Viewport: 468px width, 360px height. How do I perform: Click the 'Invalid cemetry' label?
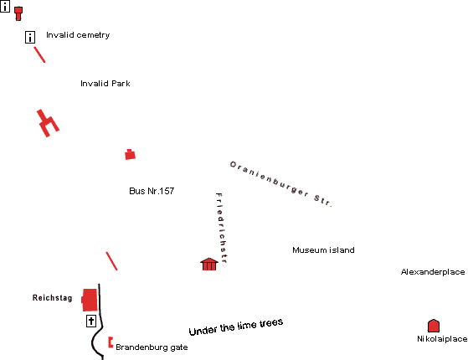tap(78, 35)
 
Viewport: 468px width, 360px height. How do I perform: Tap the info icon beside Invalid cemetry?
tap(30, 38)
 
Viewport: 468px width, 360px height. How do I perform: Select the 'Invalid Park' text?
tap(105, 83)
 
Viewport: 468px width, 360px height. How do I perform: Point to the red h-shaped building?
tap(48, 123)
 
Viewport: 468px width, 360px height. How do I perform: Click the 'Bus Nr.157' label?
tap(152, 191)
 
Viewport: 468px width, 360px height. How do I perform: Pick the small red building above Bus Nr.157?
tap(130, 155)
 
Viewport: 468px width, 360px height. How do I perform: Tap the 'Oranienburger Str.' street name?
tap(280, 184)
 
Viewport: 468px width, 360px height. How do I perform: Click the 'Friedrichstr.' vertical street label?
tap(222, 228)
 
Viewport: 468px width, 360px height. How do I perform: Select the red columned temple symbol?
tap(209, 264)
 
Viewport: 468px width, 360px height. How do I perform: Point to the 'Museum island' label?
tap(323, 249)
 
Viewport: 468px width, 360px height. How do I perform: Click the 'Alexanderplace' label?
tap(433, 272)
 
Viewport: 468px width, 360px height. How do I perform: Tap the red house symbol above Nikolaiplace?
tap(434, 326)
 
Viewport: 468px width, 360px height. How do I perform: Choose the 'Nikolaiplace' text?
tap(442, 339)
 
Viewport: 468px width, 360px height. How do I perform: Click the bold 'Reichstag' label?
tap(52, 297)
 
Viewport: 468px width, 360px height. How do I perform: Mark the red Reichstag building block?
tap(90, 300)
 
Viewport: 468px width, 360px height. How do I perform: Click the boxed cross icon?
tap(91, 321)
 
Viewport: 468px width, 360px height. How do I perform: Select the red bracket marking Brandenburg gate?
tap(111, 342)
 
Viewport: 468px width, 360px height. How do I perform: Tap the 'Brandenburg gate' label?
tap(152, 347)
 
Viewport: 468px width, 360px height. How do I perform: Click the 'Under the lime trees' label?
tap(236, 327)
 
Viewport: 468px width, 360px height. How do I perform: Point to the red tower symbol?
tap(18, 13)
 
